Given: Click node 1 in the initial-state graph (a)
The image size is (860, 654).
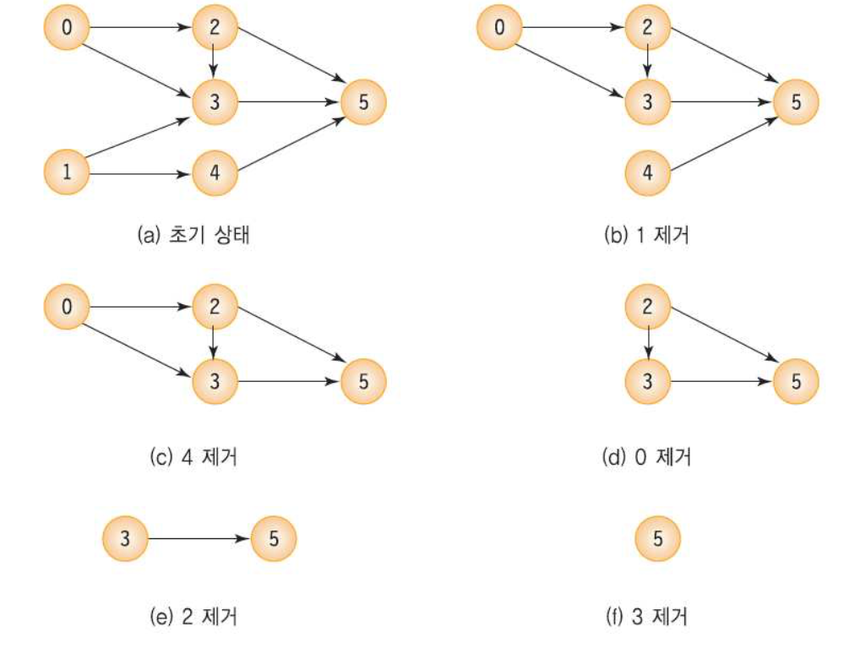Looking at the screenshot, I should pos(67,173).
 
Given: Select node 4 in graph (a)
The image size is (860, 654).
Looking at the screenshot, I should pos(214,173).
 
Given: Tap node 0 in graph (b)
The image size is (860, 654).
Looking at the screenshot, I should pos(498,28).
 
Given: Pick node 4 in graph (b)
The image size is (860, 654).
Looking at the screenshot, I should pos(647,173).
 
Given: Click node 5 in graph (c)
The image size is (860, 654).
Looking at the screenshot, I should pos(363,380).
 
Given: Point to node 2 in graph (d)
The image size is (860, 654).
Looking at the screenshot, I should pos(647,307).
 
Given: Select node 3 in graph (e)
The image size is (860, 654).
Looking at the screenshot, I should pos(124,537).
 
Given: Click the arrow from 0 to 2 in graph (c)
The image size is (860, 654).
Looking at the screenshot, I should pos(140,307).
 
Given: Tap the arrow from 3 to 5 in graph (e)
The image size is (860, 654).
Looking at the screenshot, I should pos(199,537).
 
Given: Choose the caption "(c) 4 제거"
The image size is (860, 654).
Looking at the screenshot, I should pos(192,457).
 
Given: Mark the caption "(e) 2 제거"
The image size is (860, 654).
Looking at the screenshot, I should pos(192,617).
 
